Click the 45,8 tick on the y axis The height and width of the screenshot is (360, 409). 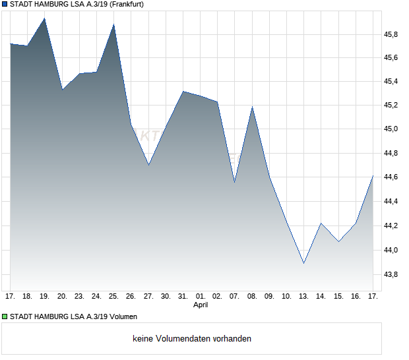coord(392,34)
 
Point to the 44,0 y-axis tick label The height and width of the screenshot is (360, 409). coord(392,251)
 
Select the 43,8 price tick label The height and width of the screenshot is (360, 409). coord(392,274)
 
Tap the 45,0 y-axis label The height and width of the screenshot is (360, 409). coord(392,130)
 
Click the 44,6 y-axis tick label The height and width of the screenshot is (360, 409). coord(392,178)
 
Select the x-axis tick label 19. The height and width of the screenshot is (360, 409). coord(45,297)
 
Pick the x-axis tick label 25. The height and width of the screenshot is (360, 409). coord(114,297)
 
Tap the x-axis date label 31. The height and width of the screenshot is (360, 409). coord(183,297)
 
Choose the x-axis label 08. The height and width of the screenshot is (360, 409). coord(252,297)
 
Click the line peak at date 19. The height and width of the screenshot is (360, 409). coord(45,18)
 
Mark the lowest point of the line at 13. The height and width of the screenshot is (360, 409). coord(304,263)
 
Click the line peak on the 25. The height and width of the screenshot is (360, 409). coord(114,24)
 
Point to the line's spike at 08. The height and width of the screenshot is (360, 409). coord(252,107)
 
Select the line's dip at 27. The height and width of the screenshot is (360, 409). coord(148,165)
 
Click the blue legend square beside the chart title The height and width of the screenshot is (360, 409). coord(5,4)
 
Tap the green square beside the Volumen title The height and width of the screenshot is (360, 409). coord(5,316)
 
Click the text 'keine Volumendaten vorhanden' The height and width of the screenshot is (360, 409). coord(192,339)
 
